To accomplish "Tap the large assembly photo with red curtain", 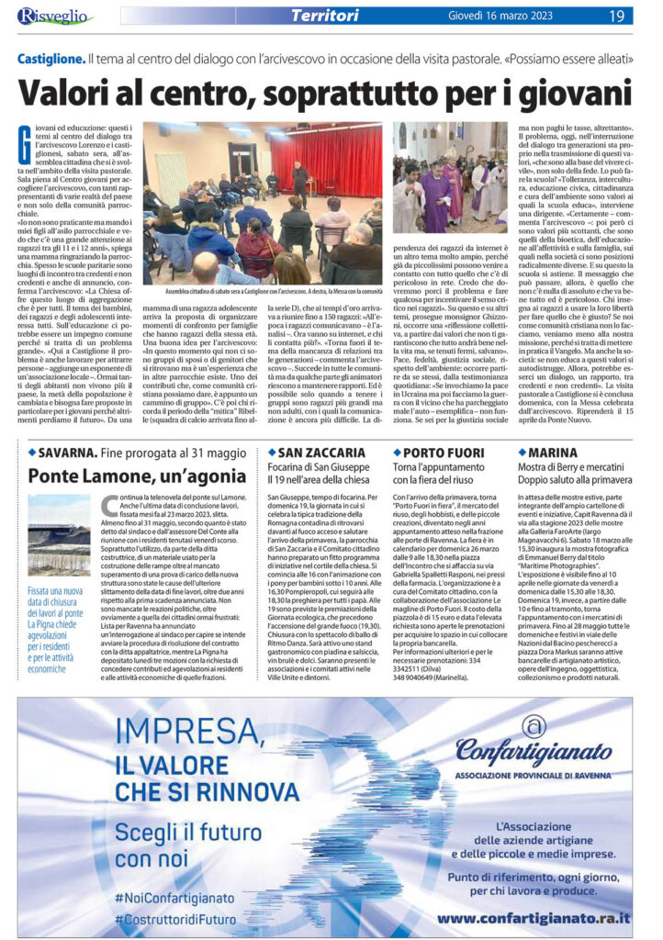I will (262, 203).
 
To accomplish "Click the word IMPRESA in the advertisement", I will (123, 733).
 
